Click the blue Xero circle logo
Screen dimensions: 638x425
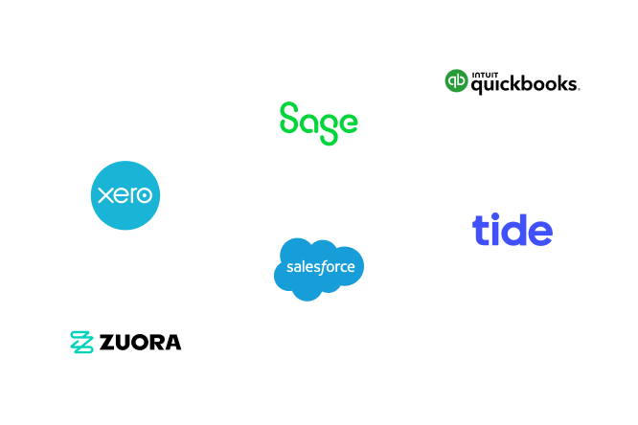(125, 195)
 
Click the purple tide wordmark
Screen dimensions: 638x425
(512, 230)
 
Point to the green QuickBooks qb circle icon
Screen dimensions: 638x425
(456, 81)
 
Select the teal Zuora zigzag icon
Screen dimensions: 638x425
(82, 342)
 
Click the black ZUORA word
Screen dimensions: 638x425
(139, 342)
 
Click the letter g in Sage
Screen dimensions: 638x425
(328, 127)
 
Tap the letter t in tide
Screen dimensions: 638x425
(480, 230)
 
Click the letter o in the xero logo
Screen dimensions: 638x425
(144, 195)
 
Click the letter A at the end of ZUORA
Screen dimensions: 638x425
(172, 342)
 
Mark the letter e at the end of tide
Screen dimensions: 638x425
(540, 233)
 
